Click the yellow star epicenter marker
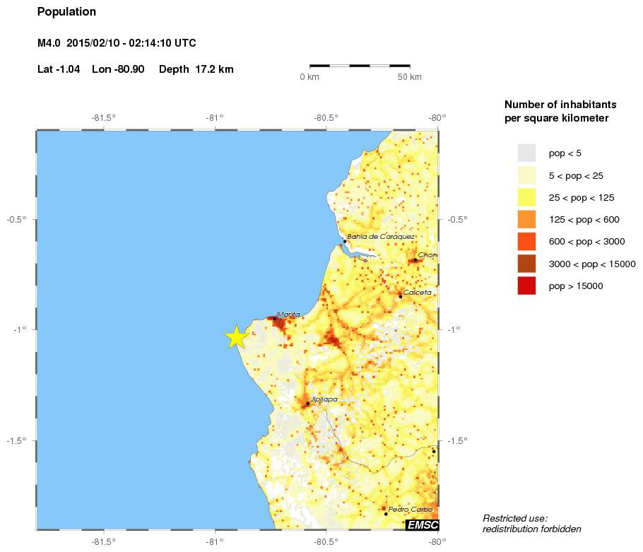pos(236,337)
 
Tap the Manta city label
pos(288,315)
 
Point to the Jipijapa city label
pos(324,399)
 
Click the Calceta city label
pos(417,292)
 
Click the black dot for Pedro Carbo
pos(386,514)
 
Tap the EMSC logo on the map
pos(423,524)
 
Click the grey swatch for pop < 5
pos(526,153)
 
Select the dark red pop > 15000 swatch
pos(526,286)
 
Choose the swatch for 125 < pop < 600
pos(526,219)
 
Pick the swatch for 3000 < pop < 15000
pos(526,264)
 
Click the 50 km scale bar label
pos(410,76)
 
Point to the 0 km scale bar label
pos(309,76)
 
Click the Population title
pos(66,12)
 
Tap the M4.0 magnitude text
pos(49,44)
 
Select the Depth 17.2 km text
pos(196,69)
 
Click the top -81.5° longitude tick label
pos(104,118)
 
